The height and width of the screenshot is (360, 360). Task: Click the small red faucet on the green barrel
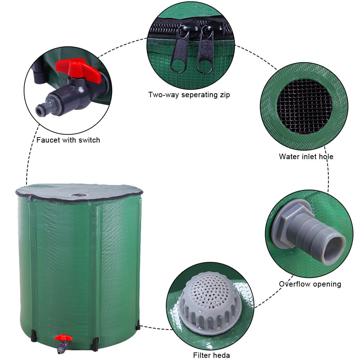[x=63, y=338]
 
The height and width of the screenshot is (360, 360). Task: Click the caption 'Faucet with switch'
[x=68, y=140]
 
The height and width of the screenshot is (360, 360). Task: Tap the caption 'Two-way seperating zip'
[x=189, y=95]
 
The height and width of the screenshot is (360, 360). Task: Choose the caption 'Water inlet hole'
[x=306, y=157]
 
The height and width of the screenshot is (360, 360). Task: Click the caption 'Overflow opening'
[x=310, y=284]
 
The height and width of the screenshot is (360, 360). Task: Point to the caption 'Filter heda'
[x=211, y=355]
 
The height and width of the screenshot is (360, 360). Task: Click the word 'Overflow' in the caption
[x=294, y=284]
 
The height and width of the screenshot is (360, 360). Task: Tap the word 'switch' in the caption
[x=90, y=140]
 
